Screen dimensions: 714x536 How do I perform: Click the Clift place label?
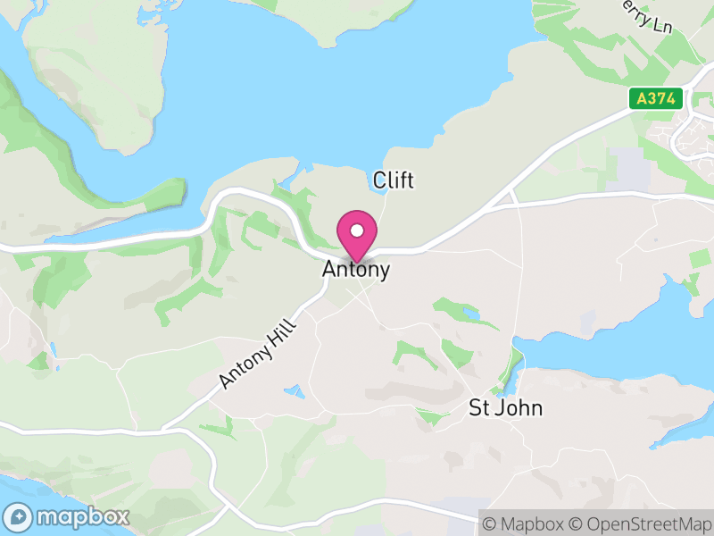click(394, 180)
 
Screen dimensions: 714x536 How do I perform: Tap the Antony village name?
click(356, 269)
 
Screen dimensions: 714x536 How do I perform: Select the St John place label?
click(505, 408)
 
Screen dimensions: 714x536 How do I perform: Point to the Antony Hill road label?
click(257, 354)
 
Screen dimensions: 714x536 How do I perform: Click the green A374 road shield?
click(656, 98)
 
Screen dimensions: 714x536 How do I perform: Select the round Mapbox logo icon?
click(19, 517)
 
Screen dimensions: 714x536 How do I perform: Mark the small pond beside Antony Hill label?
click(291, 391)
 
